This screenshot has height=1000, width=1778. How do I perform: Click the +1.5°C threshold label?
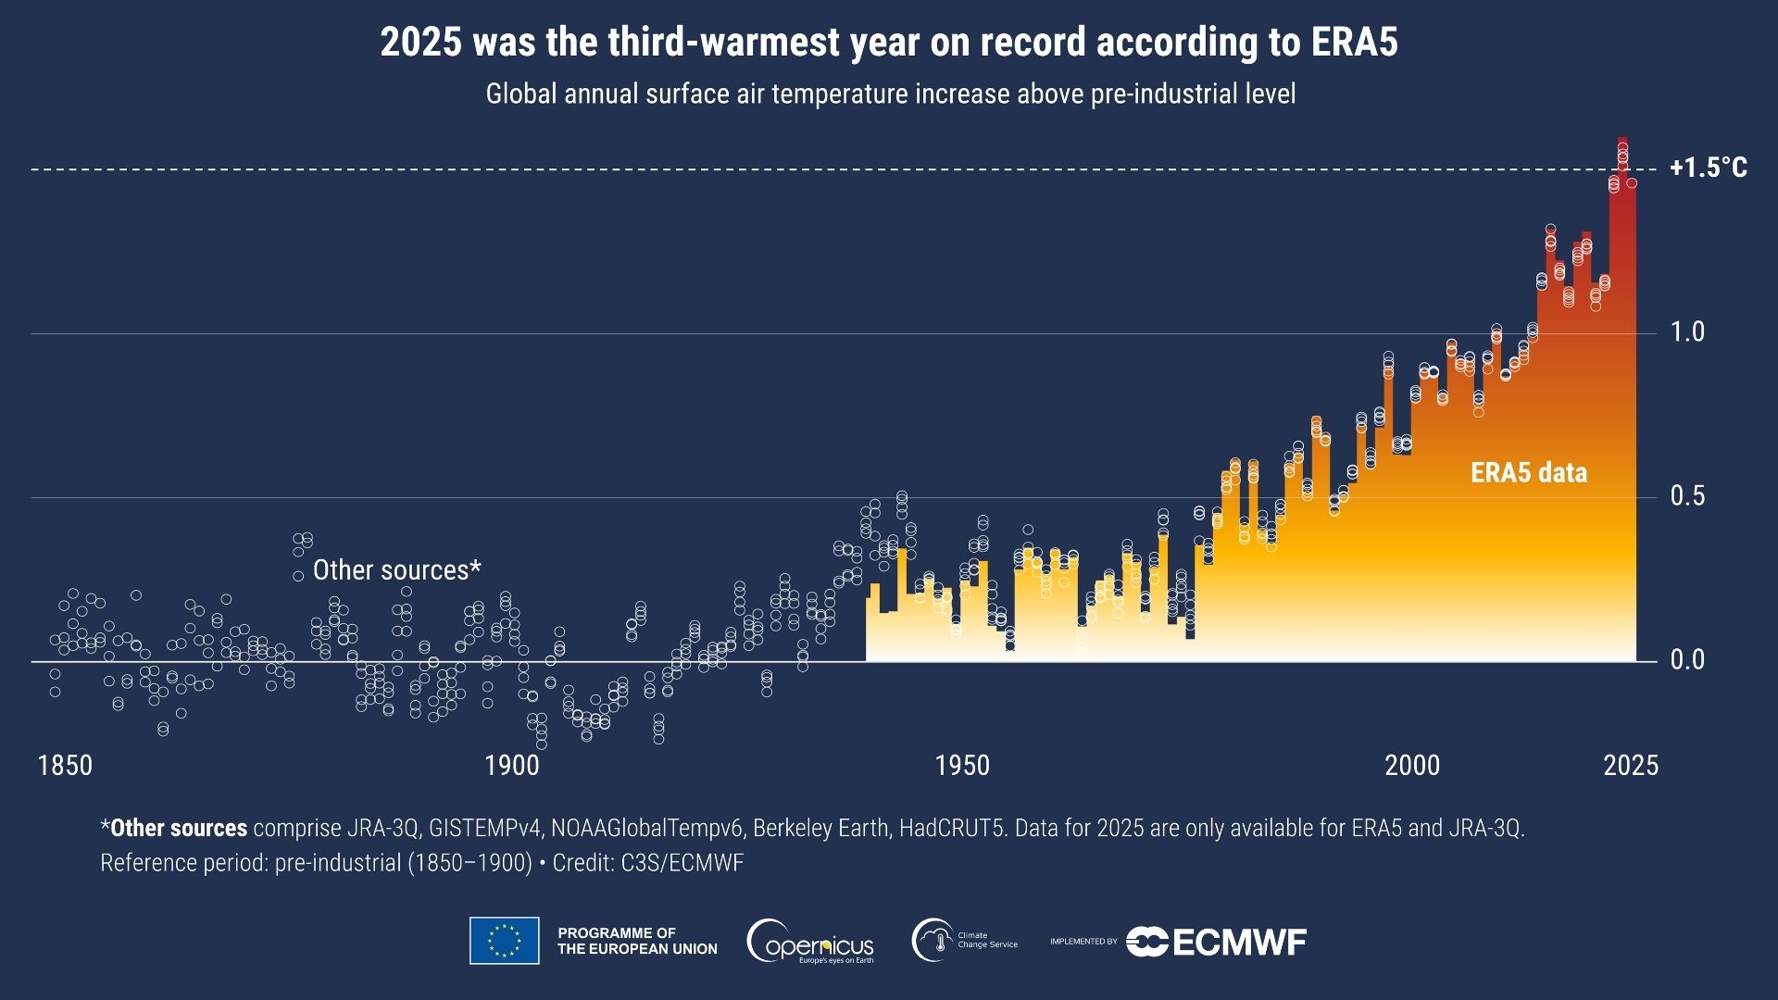(x=1708, y=168)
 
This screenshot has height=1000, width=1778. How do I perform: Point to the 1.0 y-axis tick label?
(x=1686, y=331)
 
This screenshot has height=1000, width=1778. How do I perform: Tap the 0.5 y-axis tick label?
(x=1686, y=495)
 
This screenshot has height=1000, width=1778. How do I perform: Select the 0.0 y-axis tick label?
(x=1686, y=659)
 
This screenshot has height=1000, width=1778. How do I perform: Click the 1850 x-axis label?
(x=65, y=766)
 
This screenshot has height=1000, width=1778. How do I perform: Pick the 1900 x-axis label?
(x=511, y=766)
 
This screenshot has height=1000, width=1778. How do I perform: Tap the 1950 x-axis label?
(x=962, y=766)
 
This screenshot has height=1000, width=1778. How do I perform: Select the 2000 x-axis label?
(x=1412, y=766)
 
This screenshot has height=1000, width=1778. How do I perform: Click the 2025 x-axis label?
(x=1631, y=766)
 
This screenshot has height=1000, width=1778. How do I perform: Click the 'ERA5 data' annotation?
(x=1529, y=473)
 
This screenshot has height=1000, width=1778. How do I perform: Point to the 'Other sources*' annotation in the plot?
(x=396, y=570)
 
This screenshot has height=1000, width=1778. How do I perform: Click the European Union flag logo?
(x=504, y=941)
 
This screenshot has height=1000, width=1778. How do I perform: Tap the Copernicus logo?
(x=810, y=942)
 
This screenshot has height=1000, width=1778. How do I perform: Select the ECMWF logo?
(x=1216, y=942)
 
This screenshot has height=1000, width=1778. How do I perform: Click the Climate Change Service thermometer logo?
(x=933, y=941)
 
